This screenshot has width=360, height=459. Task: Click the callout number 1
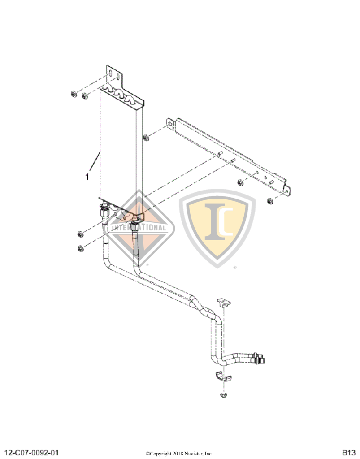tap(87, 177)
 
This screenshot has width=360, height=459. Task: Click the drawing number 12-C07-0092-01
tap(32, 453)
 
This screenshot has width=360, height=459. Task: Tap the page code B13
tap(349, 453)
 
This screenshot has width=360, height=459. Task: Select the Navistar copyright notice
tap(179, 454)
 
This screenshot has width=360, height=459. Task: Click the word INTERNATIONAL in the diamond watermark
tap(139, 227)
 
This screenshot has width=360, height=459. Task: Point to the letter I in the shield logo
tap(215, 221)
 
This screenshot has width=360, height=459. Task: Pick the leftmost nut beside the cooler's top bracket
tap(74, 94)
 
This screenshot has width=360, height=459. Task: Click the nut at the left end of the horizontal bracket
tap(146, 137)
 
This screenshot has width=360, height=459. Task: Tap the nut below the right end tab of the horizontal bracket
tap(270, 201)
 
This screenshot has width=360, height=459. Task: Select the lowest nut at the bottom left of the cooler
tap(80, 248)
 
